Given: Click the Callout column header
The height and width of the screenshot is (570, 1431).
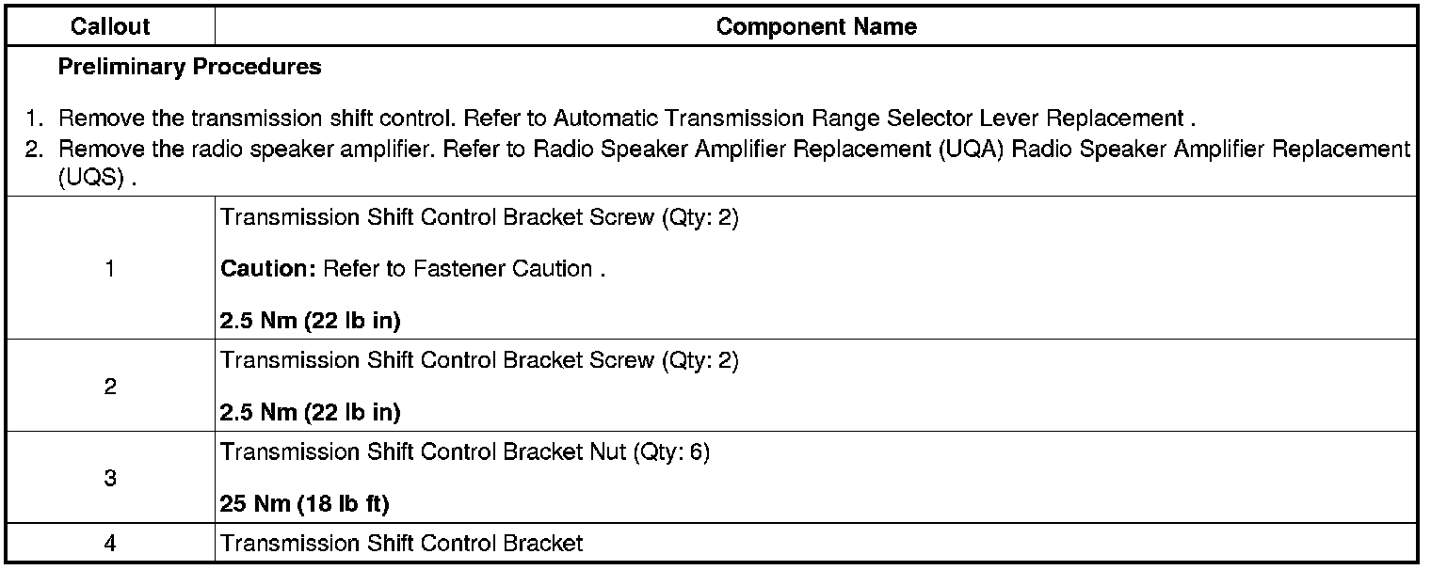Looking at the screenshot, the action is point(110,26).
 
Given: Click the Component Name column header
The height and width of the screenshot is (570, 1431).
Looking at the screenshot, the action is point(815,26).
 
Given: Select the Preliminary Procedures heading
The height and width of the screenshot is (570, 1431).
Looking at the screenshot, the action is point(189,67).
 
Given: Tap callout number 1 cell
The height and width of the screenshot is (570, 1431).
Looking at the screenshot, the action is point(110,269).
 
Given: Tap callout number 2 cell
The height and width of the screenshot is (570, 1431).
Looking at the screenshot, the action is point(110,387).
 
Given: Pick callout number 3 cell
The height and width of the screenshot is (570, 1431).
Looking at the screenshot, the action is point(110,478).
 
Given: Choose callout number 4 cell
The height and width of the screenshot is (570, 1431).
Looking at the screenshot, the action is point(110,544).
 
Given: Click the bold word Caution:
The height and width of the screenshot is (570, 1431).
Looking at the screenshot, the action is point(268,269).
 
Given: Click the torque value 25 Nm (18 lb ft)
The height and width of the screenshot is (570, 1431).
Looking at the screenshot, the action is point(304,504).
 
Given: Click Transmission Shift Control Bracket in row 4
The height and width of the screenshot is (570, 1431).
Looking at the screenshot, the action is point(401,544).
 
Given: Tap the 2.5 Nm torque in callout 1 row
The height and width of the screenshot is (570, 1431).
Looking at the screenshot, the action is point(310,321).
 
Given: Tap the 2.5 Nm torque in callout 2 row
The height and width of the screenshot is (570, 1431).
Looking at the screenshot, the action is point(310,412).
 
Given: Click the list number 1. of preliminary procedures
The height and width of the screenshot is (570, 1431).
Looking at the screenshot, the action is point(35,119).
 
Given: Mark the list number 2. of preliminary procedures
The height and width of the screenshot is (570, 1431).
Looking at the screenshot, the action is point(35,149).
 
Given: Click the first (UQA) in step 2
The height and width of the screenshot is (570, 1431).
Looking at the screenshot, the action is point(971,149).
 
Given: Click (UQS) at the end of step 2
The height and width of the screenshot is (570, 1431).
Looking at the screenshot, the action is point(89,179).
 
